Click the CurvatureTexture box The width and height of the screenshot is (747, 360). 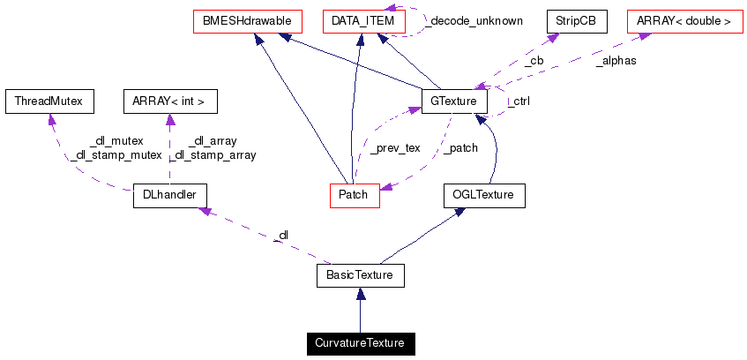click(360, 342)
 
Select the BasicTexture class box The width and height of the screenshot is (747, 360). click(360, 276)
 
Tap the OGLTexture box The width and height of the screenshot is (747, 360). click(483, 195)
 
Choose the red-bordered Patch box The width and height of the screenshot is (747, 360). click(354, 195)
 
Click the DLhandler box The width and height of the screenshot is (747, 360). click(168, 195)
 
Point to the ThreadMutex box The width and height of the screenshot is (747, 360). click(49, 101)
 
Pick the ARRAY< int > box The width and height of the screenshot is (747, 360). click(169, 101)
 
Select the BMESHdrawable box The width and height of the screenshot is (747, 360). click(247, 20)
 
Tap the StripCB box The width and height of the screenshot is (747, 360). click(577, 20)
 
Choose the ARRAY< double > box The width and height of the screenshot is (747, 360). click(684, 20)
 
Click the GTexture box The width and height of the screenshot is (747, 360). click(454, 101)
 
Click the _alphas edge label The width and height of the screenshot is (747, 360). click(616, 61)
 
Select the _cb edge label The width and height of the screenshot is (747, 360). click(533, 61)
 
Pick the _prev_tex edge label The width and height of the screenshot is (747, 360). click(394, 148)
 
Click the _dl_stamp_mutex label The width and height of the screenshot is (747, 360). click(116, 155)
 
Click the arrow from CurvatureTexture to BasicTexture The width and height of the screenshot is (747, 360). click(360, 310)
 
